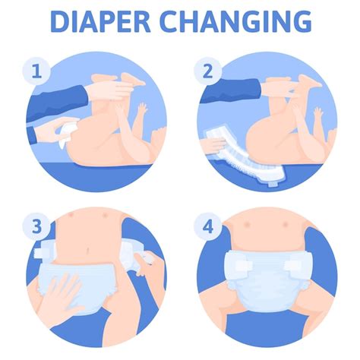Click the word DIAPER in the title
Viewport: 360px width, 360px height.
97,21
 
